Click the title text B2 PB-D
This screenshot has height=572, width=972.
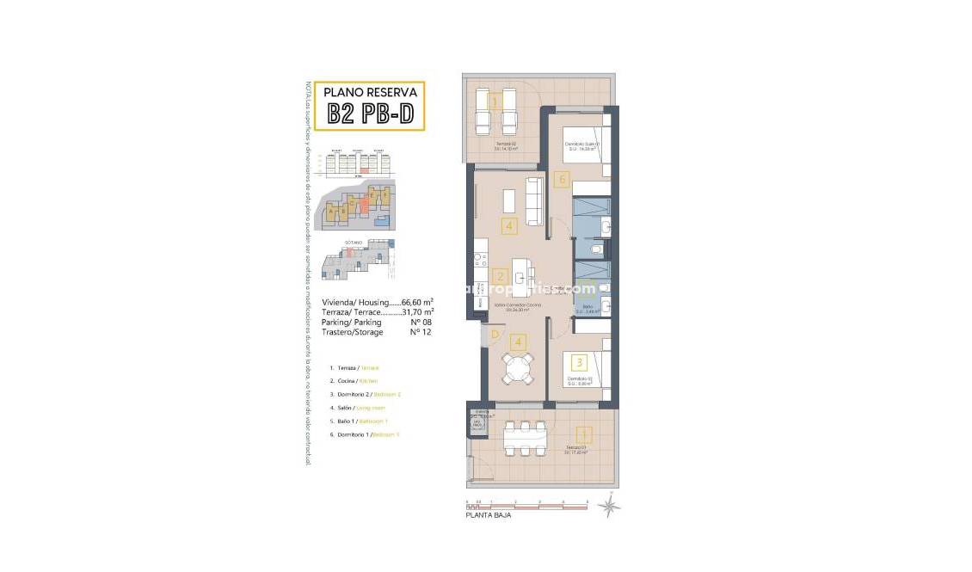tap(370, 114)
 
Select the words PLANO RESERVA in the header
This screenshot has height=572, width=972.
tap(370, 92)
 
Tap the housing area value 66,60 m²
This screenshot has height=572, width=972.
tap(417, 303)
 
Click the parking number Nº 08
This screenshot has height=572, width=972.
tap(420, 322)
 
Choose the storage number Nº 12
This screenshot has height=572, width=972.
tap(420, 331)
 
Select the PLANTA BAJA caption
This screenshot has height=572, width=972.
tap(489, 515)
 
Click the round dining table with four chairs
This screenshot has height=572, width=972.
tap(518, 369)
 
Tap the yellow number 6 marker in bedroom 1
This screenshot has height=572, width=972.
tap(562, 180)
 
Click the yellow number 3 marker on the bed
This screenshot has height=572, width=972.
tap(580, 363)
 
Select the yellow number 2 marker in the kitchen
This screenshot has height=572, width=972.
tap(500, 277)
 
